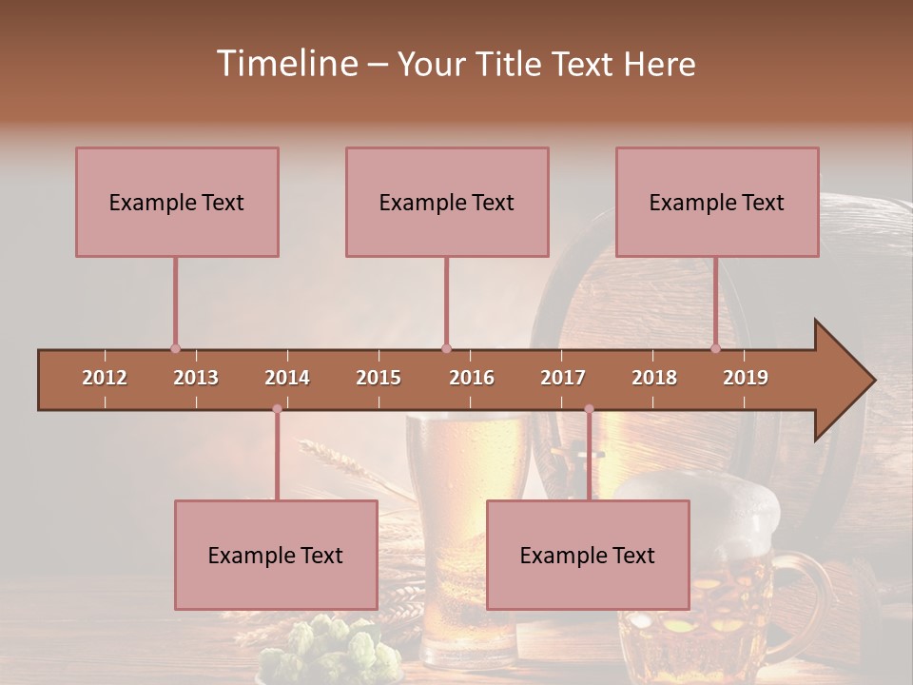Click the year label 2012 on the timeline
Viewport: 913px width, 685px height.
point(105,378)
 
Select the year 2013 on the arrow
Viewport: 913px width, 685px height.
point(196,378)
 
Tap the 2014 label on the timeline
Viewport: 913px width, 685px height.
point(287,378)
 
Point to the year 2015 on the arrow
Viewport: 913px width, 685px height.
point(379,378)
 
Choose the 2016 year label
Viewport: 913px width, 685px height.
point(472,378)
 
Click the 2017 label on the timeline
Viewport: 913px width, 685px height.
point(563,378)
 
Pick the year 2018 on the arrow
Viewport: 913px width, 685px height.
point(654,378)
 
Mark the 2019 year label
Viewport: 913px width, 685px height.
point(746,378)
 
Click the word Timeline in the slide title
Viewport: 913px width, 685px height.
point(285,64)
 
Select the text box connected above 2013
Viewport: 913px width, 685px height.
point(177,202)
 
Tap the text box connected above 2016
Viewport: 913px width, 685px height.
point(447,202)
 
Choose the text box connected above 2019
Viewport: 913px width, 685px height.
point(717,202)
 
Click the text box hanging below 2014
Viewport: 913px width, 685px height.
point(276,555)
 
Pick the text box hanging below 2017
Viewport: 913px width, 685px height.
point(588,555)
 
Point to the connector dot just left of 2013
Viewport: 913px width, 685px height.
point(175,348)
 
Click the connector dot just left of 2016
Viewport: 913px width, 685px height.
point(446,348)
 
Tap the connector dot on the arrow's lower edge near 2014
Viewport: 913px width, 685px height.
point(277,409)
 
